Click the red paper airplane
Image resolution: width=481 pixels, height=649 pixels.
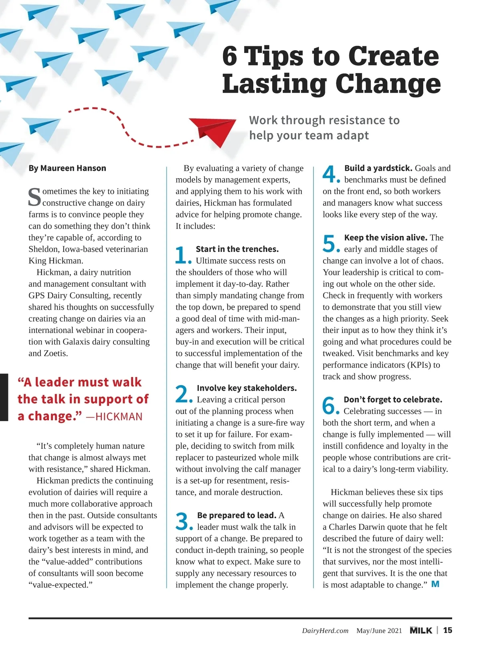click(212, 131)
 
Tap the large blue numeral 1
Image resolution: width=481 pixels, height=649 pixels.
click(182, 255)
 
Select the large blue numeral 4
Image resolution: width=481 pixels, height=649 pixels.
click(330, 174)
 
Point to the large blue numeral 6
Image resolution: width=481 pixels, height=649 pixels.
click(330, 406)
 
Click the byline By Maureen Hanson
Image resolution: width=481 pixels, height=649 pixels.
click(67, 168)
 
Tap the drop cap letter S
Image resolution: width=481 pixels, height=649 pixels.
click(34, 197)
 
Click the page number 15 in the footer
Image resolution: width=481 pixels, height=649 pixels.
click(447, 630)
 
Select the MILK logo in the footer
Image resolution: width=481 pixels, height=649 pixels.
click(421, 630)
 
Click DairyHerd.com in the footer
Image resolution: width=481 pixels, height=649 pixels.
click(325, 631)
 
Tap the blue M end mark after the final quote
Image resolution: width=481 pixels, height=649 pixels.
click(435, 584)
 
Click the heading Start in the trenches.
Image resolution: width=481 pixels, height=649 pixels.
click(237, 249)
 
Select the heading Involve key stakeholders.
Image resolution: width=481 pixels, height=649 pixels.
click(247, 388)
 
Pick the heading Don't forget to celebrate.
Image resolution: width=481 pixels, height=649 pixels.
click(393, 400)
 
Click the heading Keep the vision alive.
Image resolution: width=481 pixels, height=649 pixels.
click(386, 237)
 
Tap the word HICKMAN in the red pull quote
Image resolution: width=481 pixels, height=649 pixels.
click(119, 417)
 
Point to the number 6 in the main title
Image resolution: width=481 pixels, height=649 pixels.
click(230, 56)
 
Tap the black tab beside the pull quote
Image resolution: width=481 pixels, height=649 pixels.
click(4, 397)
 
